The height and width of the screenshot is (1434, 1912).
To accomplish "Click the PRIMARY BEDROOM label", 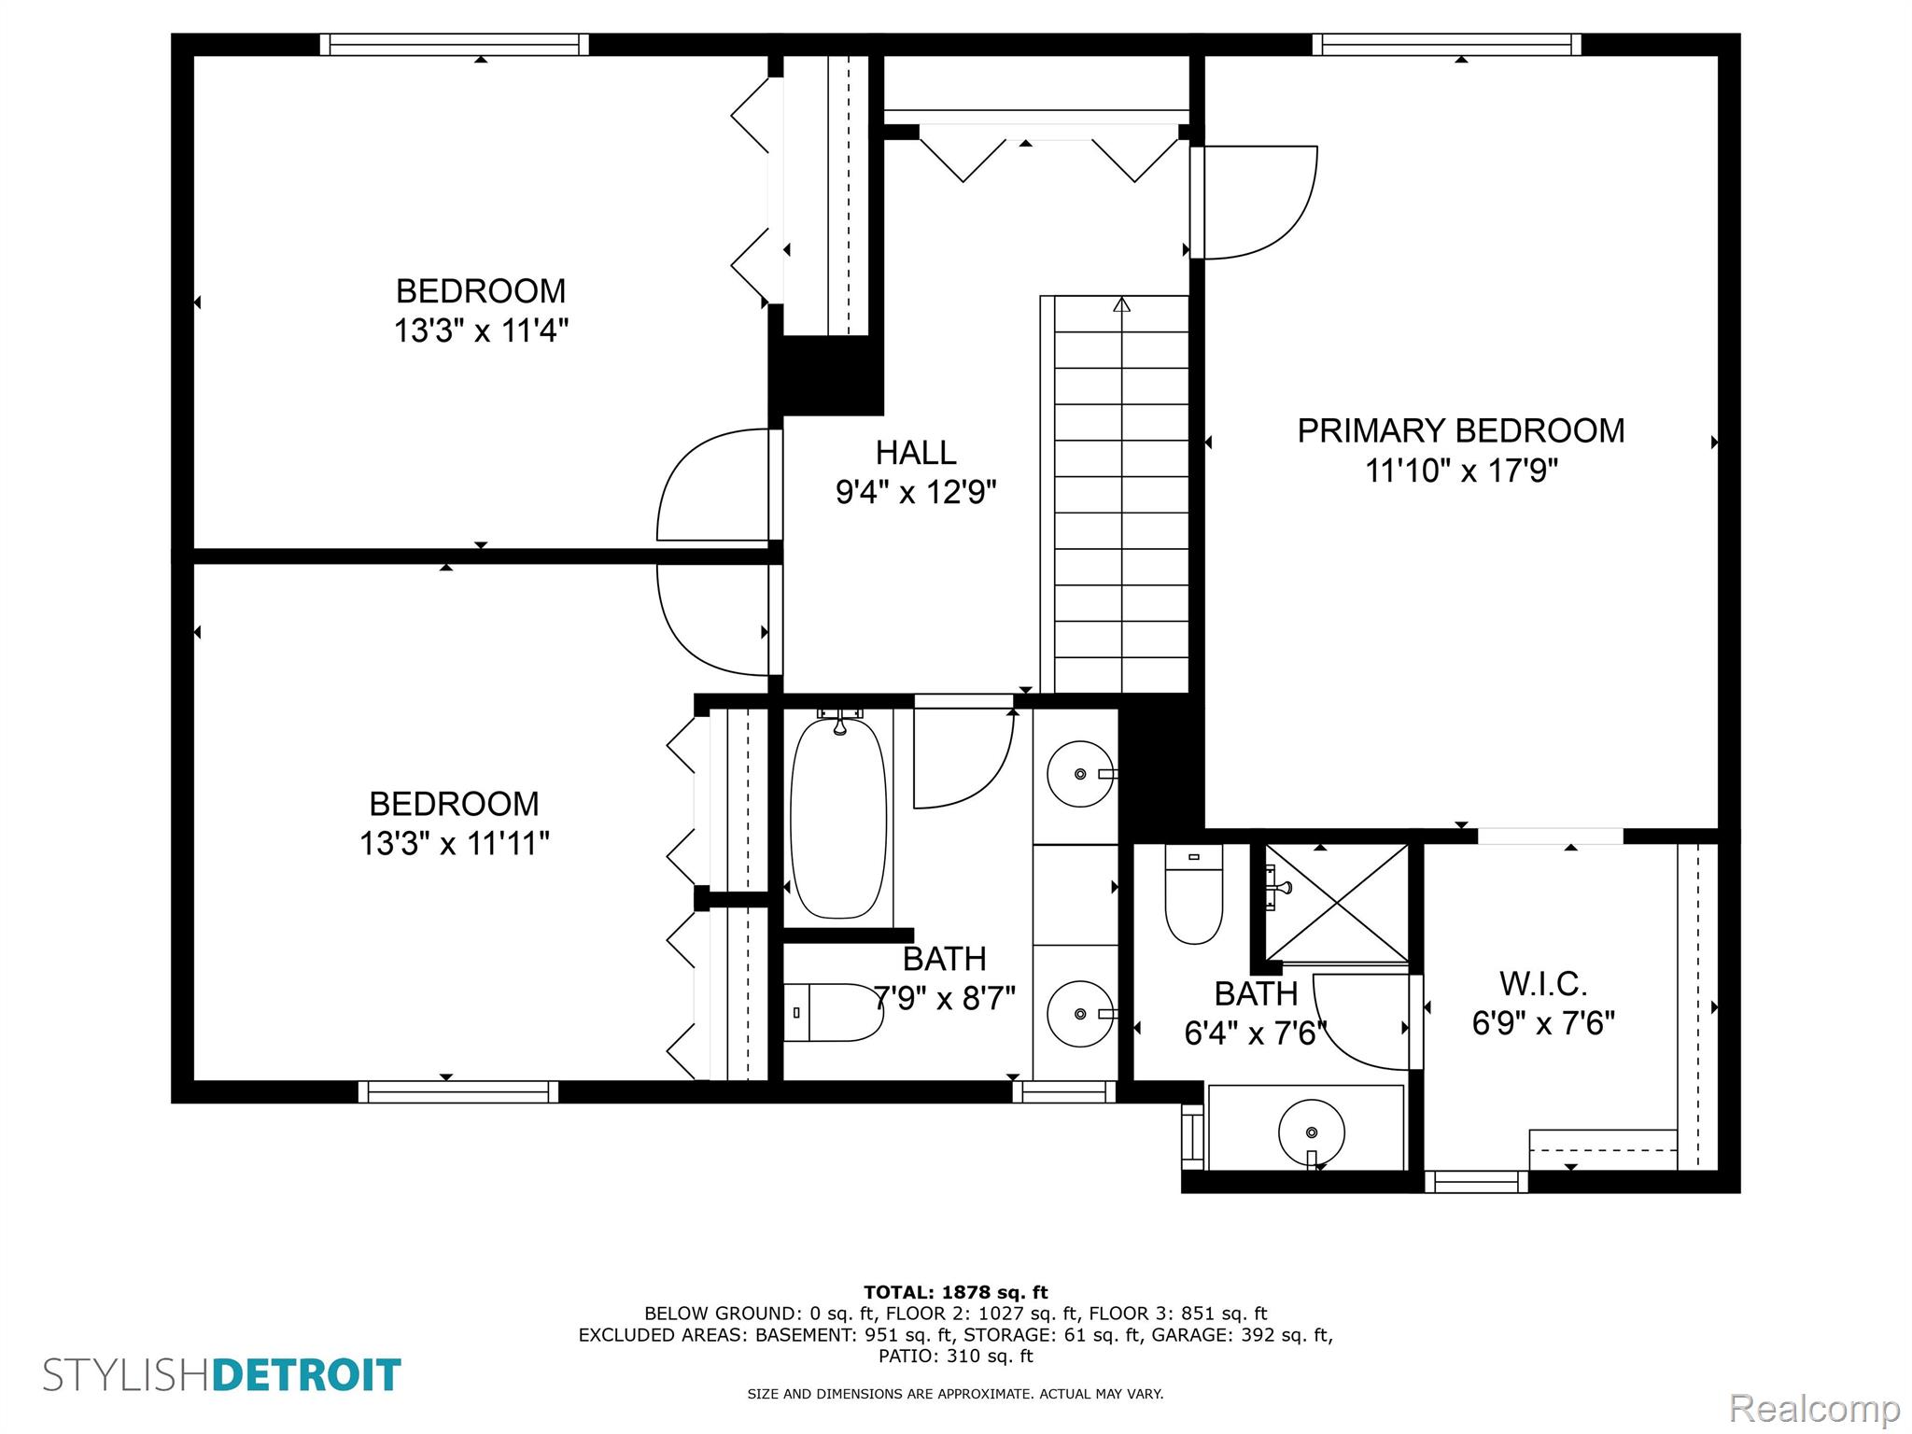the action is click(x=1461, y=430).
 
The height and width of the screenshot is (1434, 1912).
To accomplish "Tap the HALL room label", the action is click(x=916, y=453).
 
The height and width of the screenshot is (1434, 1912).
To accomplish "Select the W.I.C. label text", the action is click(x=1543, y=983).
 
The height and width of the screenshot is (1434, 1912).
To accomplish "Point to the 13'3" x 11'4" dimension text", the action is click(x=481, y=330).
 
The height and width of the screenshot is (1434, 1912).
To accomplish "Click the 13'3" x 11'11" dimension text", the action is click(x=455, y=844).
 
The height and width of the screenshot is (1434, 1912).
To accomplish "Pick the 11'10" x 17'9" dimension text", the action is click(x=1462, y=471).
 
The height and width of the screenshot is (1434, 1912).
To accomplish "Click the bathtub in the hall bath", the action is click(x=838, y=818).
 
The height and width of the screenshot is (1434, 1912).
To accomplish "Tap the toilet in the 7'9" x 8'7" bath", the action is click(x=833, y=1012).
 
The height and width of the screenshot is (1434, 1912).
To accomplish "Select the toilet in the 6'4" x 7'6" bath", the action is click(x=1194, y=894).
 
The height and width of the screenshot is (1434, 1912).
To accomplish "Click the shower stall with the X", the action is click(x=1337, y=903).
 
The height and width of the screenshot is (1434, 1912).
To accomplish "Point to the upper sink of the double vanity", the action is click(x=1080, y=774).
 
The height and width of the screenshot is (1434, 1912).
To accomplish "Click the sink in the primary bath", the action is click(x=1311, y=1132).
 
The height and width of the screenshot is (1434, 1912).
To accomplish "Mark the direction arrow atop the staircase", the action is click(x=1121, y=304).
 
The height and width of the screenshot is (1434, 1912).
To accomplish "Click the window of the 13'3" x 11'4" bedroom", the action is click(x=455, y=45).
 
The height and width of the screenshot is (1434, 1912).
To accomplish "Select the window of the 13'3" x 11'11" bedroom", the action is click(x=458, y=1091).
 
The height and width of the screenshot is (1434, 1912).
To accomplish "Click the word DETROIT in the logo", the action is click(x=307, y=1376).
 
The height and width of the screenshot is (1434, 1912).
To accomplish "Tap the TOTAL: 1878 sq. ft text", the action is click(x=956, y=1293).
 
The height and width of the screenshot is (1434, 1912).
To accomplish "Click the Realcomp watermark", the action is click(x=1815, y=1409).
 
